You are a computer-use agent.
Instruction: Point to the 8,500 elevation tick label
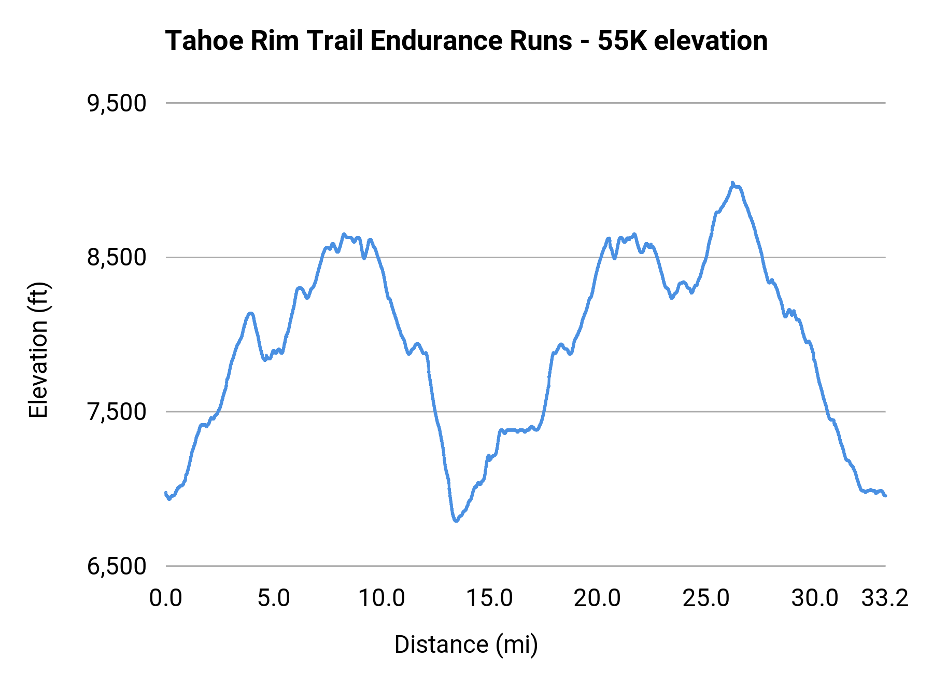pos(117,258)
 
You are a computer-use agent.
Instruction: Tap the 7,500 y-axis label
pos(117,412)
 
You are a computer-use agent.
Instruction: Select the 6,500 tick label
pos(117,566)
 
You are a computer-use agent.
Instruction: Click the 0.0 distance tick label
pos(166,598)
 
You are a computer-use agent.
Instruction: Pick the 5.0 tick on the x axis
pos(274,598)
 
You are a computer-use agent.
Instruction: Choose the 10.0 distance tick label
pos(382,598)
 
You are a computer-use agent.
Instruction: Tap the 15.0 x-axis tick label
pos(490,598)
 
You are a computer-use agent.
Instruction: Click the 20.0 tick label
pos(598,598)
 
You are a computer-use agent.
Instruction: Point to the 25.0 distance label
pos(706,598)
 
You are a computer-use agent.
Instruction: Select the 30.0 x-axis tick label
pos(814,598)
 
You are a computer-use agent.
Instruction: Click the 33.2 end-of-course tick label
pos(885,598)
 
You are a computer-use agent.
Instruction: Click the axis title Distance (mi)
pos(466,645)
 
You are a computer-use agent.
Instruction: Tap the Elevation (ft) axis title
pos(38,350)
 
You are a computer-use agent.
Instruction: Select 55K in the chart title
pos(622,41)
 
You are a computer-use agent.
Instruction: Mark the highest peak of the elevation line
pos(732,183)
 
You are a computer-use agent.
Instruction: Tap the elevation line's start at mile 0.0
pos(166,493)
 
